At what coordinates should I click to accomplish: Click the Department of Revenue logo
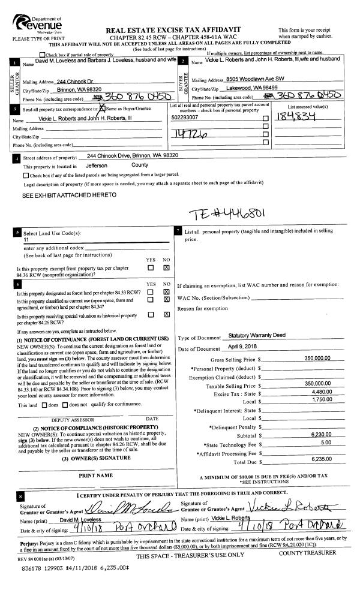(37, 24)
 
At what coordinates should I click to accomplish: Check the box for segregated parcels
(25, 175)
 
